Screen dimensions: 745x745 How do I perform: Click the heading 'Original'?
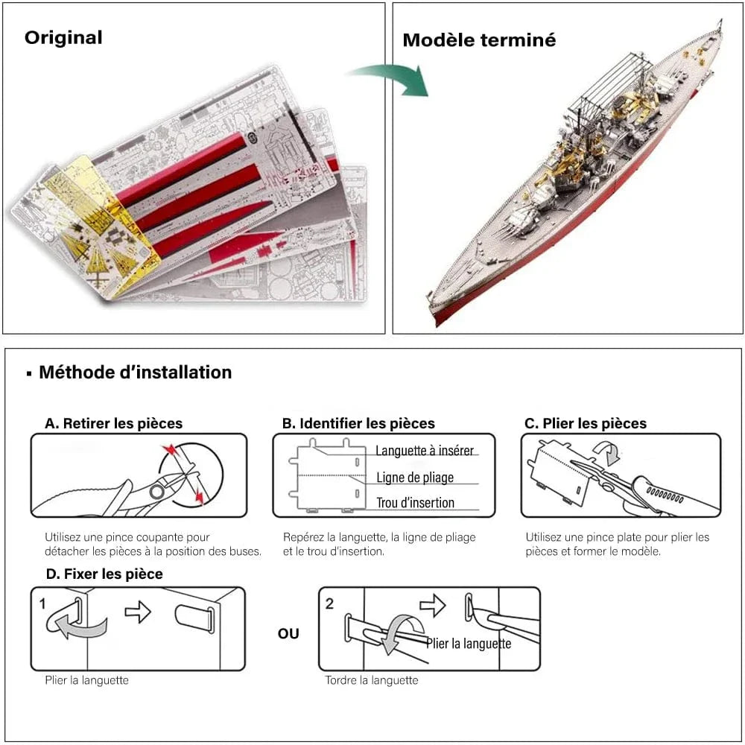click(x=63, y=37)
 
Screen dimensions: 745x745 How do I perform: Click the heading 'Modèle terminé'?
click(x=479, y=40)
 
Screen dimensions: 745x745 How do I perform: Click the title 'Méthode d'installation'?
click(x=135, y=372)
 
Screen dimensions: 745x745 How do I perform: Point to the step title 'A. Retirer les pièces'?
click(x=113, y=423)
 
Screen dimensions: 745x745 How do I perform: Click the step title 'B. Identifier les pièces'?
click(x=358, y=423)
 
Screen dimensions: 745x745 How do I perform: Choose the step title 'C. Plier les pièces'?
click(x=586, y=423)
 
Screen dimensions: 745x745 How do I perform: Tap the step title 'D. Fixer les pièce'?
click(x=104, y=574)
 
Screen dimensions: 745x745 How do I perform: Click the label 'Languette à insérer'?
click(x=425, y=451)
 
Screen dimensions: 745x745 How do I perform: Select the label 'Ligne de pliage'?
click(x=414, y=477)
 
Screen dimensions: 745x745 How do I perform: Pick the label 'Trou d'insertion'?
click(x=415, y=503)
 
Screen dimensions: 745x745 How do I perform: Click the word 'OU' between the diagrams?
click(x=288, y=633)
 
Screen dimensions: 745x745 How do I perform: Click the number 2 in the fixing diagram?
click(x=329, y=603)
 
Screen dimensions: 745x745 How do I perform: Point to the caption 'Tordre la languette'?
click(x=371, y=679)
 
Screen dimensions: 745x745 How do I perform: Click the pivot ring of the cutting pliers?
click(x=156, y=492)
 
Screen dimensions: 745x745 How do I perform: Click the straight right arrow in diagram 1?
click(x=138, y=612)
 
